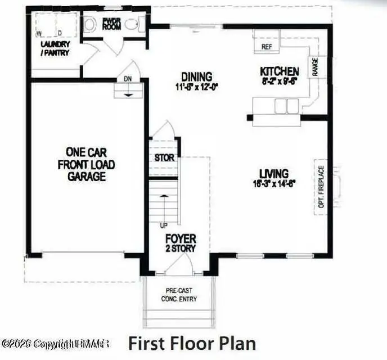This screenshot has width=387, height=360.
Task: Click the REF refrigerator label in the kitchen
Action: (267, 47)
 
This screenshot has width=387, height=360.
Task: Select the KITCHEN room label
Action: (279, 71)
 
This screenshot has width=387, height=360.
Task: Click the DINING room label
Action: (196, 76)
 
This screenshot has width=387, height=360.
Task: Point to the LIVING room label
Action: (274, 173)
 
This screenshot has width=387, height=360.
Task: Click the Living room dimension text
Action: (274, 183)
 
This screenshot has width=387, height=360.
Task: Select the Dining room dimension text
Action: (196, 87)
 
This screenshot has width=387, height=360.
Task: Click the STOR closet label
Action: (165, 158)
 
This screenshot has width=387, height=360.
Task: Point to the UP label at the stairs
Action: (164, 226)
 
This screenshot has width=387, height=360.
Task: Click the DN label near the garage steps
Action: (128, 79)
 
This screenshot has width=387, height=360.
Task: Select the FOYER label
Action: (180, 239)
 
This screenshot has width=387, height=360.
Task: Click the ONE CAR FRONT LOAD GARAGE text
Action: (86, 164)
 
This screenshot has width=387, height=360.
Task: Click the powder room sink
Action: (132, 25)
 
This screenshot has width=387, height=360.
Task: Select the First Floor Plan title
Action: (192, 343)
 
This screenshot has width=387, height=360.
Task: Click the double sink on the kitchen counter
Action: (285, 105)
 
